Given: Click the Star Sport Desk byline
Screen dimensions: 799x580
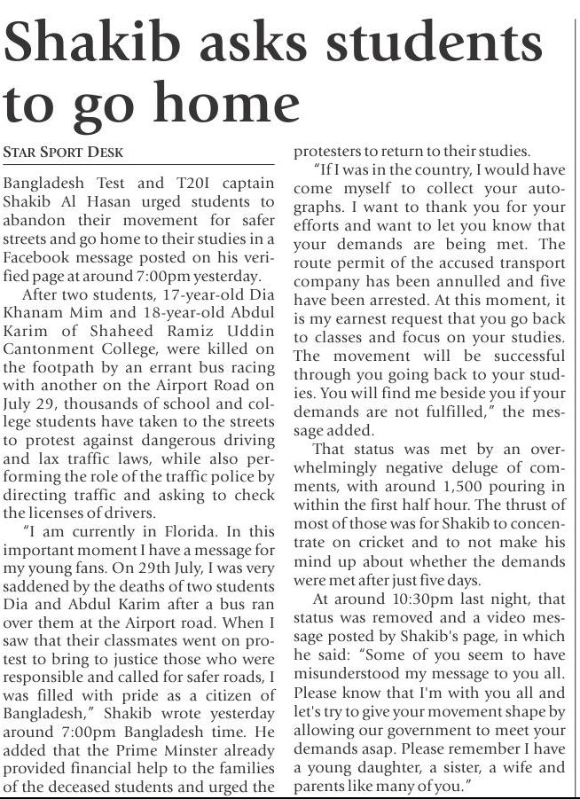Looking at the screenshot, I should [x=63, y=152].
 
